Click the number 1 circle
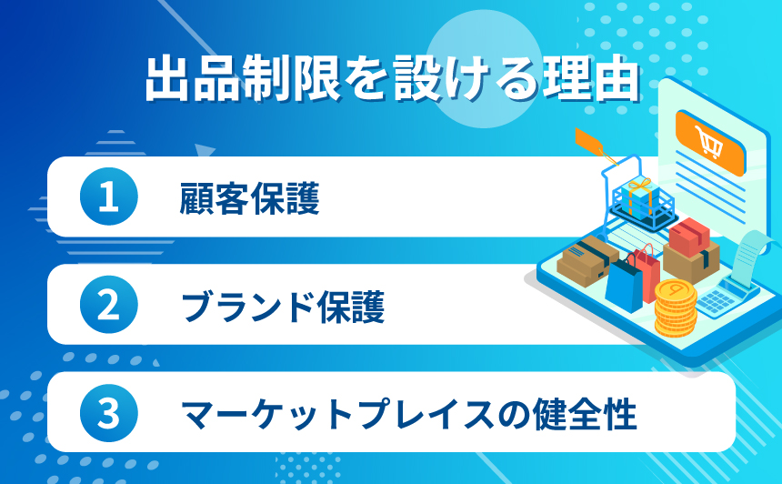point(109,197)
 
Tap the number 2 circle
point(109,305)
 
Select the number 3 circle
point(109,412)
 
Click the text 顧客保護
point(250,198)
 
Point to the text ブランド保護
point(283,306)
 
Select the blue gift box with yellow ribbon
point(640,197)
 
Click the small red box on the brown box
point(688,236)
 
